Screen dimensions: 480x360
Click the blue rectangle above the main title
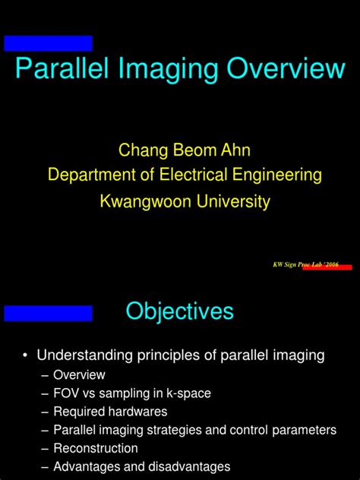[48, 43]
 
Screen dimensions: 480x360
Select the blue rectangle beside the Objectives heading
[48, 313]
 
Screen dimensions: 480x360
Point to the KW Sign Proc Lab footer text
[305, 264]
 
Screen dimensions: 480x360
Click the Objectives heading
[179, 311]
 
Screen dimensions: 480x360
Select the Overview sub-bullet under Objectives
[79, 374]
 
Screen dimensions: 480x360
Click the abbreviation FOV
[67, 393]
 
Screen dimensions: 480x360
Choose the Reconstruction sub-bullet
[95, 448]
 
